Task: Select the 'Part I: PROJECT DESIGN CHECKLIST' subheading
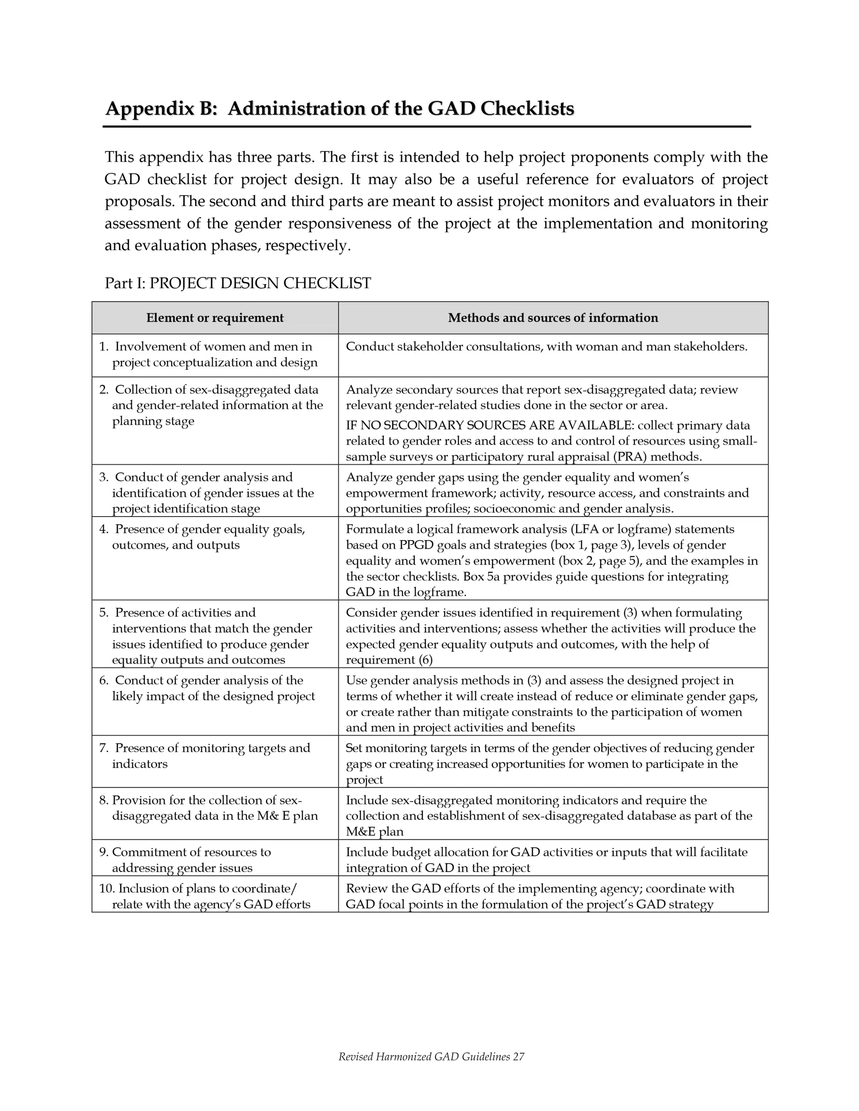click(238, 283)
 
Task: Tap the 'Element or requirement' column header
click(215, 318)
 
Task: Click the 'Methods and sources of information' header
click(553, 318)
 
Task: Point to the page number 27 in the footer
click(518, 1056)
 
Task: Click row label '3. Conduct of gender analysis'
click(196, 477)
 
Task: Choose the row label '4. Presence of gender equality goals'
click(202, 529)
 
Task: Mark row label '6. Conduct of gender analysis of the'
click(201, 680)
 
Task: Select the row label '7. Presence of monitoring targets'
click(205, 748)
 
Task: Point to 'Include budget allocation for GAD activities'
click(468, 852)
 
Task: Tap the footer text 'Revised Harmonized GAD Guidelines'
click(424, 1056)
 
